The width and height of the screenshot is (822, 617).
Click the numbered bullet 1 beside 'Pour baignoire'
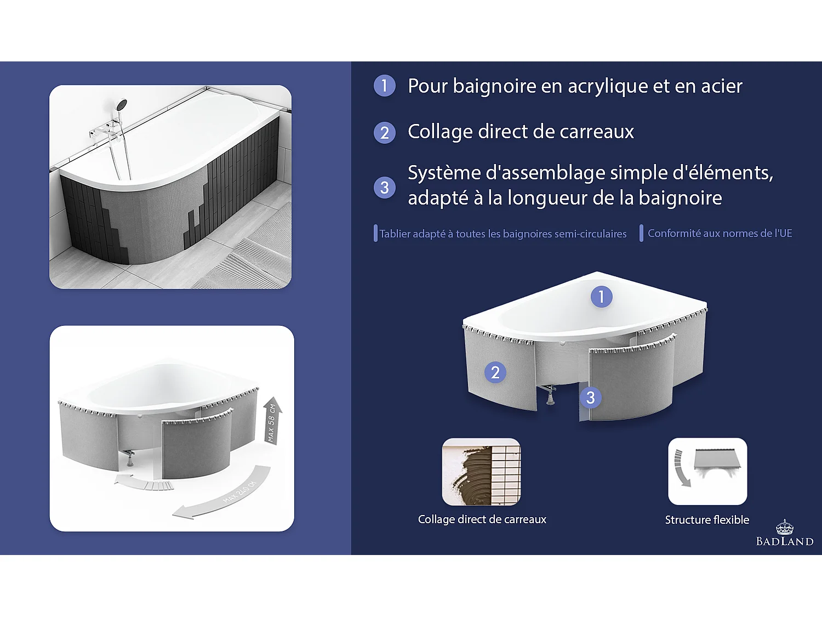point(385,86)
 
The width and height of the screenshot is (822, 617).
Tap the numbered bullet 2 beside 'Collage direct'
point(385,133)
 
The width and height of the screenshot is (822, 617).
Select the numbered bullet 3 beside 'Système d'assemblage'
point(385,188)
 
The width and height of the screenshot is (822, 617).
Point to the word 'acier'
point(722,87)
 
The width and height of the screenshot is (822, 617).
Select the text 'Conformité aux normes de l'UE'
point(720,234)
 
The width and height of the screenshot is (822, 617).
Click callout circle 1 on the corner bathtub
point(601,297)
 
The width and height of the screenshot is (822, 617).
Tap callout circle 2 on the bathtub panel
point(495,372)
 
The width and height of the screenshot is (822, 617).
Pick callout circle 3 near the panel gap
point(591,398)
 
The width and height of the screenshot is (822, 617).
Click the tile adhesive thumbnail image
point(482,472)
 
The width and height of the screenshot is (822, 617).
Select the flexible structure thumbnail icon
point(707,471)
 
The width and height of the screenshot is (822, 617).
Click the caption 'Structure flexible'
point(707,519)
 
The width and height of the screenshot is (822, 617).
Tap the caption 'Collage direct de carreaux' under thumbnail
point(482,519)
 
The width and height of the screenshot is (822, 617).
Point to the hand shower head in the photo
point(121,104)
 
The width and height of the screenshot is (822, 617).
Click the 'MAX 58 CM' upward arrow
point(272,421)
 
